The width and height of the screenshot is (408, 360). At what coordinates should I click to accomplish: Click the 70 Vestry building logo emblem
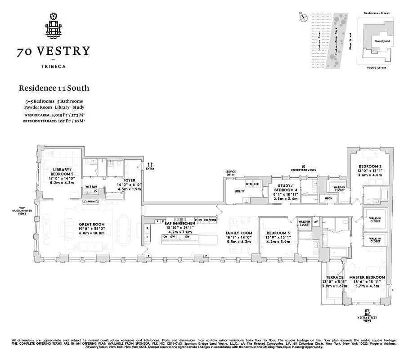pos(54,25)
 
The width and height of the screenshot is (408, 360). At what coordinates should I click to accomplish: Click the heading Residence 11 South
pos(54,88)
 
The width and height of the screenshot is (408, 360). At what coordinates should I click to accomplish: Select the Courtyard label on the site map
pos(382,41)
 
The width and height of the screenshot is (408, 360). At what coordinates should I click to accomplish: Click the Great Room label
pos(92,224)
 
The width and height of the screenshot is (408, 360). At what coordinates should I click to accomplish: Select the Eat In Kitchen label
pos(180,223)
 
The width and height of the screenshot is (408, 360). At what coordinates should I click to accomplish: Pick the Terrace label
pos(335,277)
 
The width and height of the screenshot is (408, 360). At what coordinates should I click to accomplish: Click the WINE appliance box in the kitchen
pos(212,220)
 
